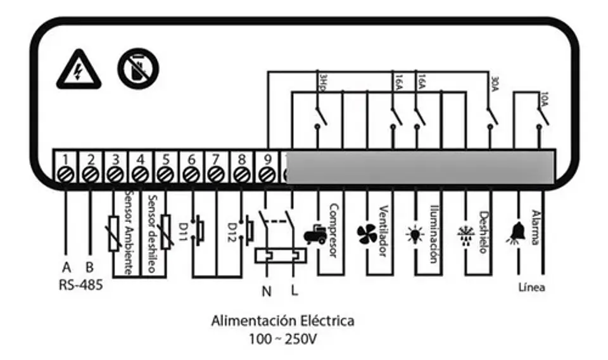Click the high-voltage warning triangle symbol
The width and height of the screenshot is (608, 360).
point(78,70)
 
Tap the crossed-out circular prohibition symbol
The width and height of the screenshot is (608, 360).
point(138,68)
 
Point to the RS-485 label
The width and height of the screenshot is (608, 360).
point(80,285)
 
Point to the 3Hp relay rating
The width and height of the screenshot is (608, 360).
point(322,81)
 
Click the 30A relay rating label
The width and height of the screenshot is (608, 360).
point(495,82)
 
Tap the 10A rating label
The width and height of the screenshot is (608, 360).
point(545,100)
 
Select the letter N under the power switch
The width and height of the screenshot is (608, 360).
point(266,292)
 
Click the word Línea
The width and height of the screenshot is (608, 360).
point(531,287)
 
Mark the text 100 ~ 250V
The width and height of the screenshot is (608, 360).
point(282,339)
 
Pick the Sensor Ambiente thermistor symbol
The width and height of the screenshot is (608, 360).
point(115,233)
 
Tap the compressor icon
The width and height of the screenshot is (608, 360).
point(315,236)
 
